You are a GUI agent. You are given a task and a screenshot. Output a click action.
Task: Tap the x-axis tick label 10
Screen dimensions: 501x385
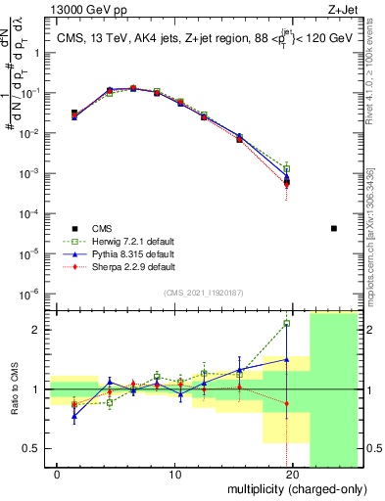point(175,475)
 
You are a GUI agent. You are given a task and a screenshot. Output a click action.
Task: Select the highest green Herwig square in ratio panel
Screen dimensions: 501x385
point(287,323)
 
